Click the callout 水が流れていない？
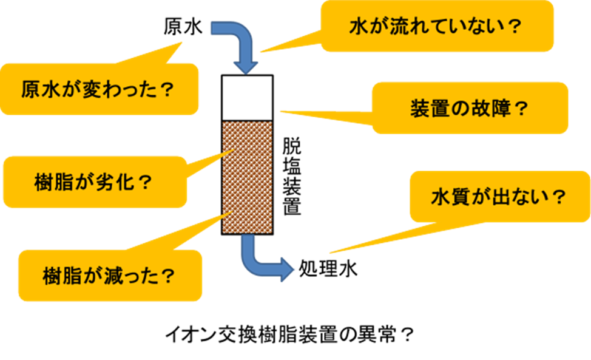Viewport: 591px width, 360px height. point(437,26)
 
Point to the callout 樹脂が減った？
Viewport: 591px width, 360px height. point(109,276)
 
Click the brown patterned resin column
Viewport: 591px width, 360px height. point(248,177)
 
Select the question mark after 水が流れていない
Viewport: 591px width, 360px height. point(514,27)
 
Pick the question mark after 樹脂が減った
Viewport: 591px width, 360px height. point(168,276)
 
